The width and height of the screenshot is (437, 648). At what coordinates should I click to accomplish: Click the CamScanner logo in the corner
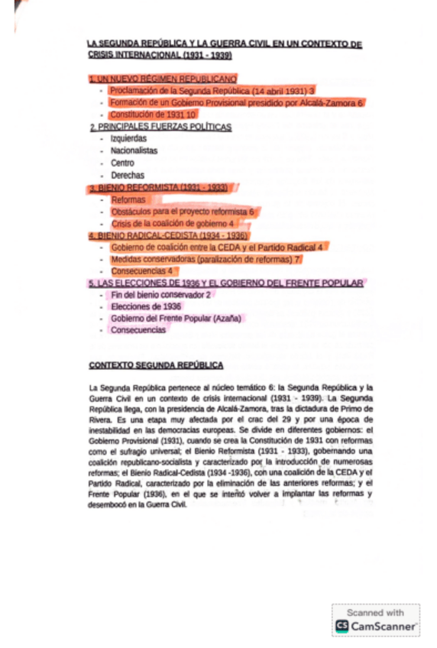tap(375, 626)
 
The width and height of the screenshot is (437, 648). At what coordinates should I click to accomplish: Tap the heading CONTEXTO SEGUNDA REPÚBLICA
tap(156, 365)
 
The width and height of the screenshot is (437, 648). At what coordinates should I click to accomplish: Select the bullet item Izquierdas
tap(128, 138)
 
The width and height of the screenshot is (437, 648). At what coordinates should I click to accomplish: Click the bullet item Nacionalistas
tap(134, 151)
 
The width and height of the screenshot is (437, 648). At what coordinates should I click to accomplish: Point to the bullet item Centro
tap(122, 163)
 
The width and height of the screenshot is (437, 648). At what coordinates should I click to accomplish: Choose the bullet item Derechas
tap(127, 175)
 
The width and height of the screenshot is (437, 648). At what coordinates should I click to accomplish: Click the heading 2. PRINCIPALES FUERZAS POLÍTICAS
tap(160, 127)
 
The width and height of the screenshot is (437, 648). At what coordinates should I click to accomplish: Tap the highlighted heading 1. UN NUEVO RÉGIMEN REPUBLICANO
tap(163, 78)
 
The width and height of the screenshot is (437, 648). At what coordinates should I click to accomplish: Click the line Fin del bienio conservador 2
tap(160, 294)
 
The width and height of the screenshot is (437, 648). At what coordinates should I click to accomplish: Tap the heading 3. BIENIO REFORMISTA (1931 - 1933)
tap(158, 187)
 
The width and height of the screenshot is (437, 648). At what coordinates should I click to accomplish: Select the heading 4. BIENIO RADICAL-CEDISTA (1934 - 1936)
tap(168, 235)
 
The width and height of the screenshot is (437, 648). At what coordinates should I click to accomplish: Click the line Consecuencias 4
tap(142, 271)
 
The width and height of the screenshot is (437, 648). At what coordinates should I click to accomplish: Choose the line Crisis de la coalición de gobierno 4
tap(172, 223)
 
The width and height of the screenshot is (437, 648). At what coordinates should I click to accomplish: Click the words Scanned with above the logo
tap(375, 612)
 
